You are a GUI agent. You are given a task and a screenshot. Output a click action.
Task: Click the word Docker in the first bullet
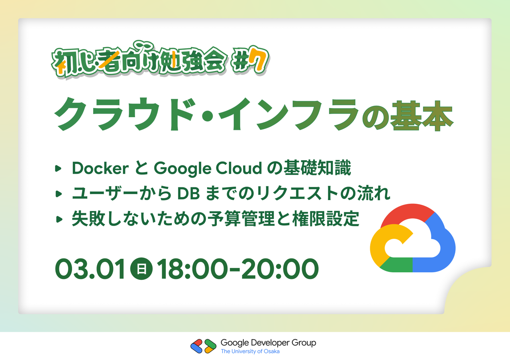tap(100, 168)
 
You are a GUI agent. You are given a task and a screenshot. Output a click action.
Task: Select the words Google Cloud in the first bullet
tap(208, 169)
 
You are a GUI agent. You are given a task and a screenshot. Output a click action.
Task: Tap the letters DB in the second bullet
tap(188, 193)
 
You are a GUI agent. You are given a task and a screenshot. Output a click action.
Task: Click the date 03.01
tap(90, 269)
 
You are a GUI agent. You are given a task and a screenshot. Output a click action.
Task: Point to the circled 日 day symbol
tap(141, 269)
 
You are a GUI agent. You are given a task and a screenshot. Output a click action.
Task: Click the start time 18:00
tap(192, 269)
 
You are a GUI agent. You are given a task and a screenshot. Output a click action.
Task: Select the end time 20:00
tap(280, 269)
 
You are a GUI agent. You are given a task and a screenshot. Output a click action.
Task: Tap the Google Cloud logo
tap(412, 238)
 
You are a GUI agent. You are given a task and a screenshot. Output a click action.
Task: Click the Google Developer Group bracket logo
tap(203, 346)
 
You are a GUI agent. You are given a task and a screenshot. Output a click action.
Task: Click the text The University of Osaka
tap(250, 351)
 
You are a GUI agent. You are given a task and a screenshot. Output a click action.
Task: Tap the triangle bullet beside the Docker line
tap(58, 169)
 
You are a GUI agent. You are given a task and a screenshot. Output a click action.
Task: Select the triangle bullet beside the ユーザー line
tap(59, 194)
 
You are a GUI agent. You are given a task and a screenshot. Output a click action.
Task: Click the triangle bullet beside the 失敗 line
tap(59, 219)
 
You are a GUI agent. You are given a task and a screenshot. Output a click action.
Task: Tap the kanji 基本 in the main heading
tap(422, 116)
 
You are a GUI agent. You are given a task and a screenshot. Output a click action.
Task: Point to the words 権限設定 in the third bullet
tap(326, 219)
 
